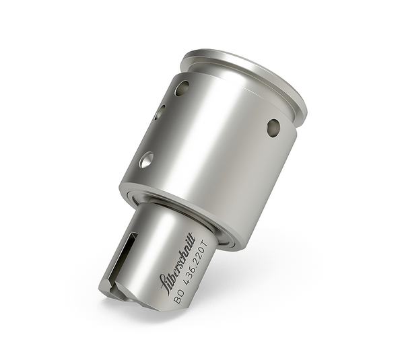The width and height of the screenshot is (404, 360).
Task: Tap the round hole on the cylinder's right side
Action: click(x=273, y=127)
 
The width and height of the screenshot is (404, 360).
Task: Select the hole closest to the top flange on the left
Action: click(x=182, y=87)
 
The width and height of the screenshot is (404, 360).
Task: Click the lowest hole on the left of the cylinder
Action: click(x=145, y=159)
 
